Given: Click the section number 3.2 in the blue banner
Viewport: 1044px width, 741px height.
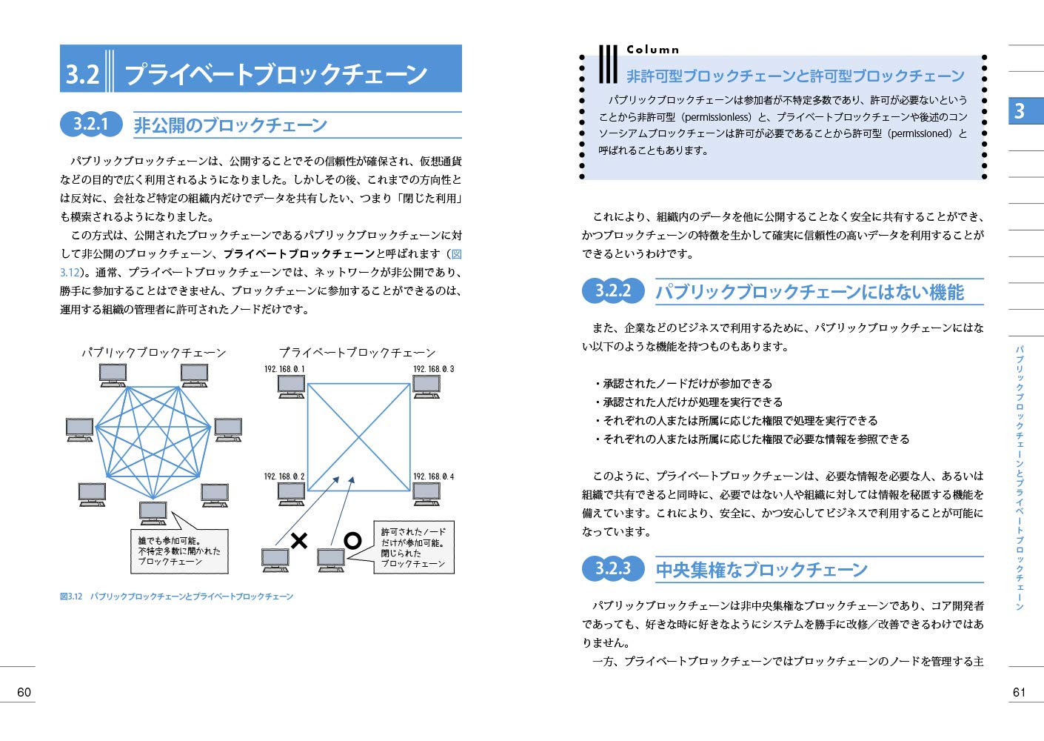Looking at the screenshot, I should [82, 74].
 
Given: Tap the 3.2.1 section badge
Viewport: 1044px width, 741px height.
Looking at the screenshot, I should [90, 124].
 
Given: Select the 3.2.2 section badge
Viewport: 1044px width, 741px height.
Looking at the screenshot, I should [612, 290].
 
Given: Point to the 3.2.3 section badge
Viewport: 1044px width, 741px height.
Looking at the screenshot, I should [612, 568].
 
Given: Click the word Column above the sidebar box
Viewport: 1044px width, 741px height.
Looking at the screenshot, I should [652, 50].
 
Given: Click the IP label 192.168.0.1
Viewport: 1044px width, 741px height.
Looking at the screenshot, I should [284, 369].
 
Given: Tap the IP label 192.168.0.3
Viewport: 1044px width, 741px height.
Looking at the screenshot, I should [433, 369].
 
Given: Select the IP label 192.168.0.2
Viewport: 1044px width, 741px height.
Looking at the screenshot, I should [284, 476].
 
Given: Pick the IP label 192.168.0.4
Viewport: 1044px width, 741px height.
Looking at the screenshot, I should [433, 476].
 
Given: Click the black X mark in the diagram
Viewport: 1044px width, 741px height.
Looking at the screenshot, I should [299, 541].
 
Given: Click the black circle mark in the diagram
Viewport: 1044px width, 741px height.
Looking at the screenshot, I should [353, 541].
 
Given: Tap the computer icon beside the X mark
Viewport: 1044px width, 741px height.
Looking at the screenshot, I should [275, 559].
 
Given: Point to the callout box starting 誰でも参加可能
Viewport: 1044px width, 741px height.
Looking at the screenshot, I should [178, 551].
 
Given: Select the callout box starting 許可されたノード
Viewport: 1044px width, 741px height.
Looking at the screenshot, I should [413, 548].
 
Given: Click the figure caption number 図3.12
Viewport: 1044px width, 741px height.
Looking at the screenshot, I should [71, 597].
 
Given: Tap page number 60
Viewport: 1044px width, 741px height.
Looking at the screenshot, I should [24, 692].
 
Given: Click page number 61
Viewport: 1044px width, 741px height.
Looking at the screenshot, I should [1019, 692].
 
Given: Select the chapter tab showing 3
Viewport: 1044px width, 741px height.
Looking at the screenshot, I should [1025, 110].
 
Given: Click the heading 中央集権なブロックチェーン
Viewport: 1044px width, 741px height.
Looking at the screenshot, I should [761, 570].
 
